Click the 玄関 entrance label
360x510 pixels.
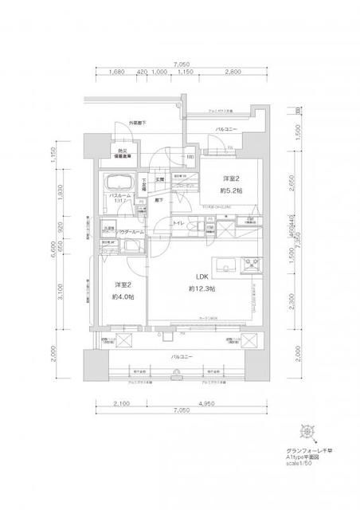(x=158, y=180)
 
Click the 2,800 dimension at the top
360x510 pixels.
(x=233, y=71)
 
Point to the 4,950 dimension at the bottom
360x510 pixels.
(x=209, y=404)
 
